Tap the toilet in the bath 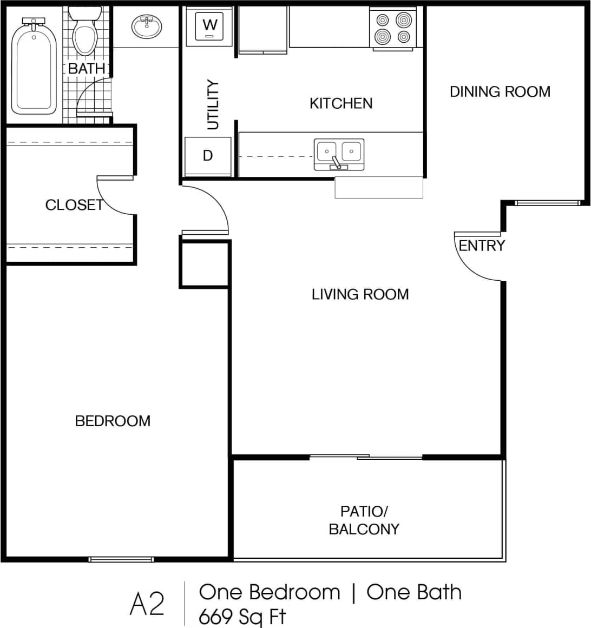pyautogui.click(x=85, y=35)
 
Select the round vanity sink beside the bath pyautogui.click(x=147, y=26)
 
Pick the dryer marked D pyautogui.click(x=208, y=156)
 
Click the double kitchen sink pyautogui.click(x=339, y=154)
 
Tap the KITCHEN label pyautogui.click(x=341, y=103)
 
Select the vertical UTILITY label pyautogui.click(x=213, y=104)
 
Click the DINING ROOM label pyautogui.click(x=500, y=91)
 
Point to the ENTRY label pyautogui.click(x=482, y=246)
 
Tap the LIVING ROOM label pyautogui.click(x=360, y=294)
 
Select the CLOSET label pyautogui.click(x=74, y=205)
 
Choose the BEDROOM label pyautogui.click(x=113, y=421)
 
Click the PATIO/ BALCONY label pyautogui.click(x=364, y=520)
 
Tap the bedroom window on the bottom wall pyautogui.click(x=121, y=559)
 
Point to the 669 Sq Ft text pyautogui.click(x=242, y=616)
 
